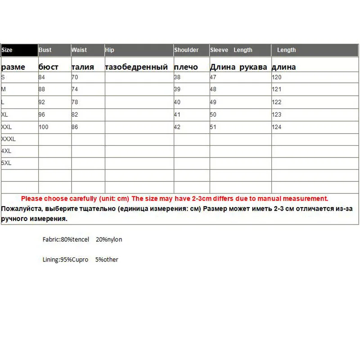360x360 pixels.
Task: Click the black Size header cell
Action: click(19, 50)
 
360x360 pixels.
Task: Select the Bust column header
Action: click(45, 50)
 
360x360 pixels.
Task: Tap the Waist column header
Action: click(79, 50)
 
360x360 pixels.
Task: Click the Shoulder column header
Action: click(186, 50)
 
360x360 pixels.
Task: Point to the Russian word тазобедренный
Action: click(136, 67)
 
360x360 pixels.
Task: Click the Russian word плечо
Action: click(186, 67)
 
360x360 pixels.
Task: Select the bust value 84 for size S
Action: click(42, 77)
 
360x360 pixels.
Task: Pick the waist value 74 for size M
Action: click(75, 90)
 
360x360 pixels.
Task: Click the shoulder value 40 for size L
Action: click(177, 102)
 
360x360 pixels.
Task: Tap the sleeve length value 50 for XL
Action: click(213, 115)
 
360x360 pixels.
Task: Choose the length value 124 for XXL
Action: click(276, 127)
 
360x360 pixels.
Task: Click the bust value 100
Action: click(43, 127)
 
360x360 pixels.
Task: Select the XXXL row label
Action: click(9, 139)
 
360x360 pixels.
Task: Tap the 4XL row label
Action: click(6, 151)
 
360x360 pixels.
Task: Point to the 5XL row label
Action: click(6, 163)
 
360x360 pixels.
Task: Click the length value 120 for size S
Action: click(276, 77)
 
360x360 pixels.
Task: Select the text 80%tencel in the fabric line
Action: click(75, 239)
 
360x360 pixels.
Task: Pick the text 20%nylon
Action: click(109, 239)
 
